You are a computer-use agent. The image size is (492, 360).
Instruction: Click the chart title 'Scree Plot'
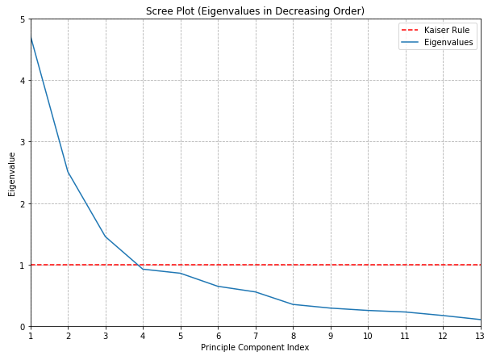pyautogui.click(x=255, y=11)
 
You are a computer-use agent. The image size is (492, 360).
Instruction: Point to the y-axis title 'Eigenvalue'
pyautogui.click(x=12, y=174)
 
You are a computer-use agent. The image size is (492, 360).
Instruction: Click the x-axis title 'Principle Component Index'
pyautogui.click(x=255, y=348)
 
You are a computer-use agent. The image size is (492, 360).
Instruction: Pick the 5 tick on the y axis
pyautogui.click(x=23, y=19)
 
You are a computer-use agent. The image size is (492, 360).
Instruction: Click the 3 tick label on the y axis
pyautogui.click(x=23, y=142)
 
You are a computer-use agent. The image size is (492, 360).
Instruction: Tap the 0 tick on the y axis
pyautogui.click(x=23, y=327)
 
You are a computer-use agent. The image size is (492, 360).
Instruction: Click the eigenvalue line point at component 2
pyautogui.click(x=68, y=172)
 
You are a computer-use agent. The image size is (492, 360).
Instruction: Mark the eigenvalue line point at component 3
pyautogui.click(x=106, y=237)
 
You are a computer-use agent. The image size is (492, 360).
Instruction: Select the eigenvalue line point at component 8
pyautogui.click(x=293, y=304)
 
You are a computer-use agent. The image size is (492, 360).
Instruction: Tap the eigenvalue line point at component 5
pyautogui.click(x=181, y=274)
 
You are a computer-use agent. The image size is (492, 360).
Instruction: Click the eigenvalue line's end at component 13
pyautogui.click(x=480, y=320)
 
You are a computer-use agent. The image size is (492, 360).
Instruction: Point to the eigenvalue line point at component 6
pyautogui.click(x=218, y=286)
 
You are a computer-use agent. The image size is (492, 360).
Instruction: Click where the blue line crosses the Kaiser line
pyautogui.click(x=136, y=265)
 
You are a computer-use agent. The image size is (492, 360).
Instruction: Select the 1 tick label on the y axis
pyautogui.click(x=23, y=265)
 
